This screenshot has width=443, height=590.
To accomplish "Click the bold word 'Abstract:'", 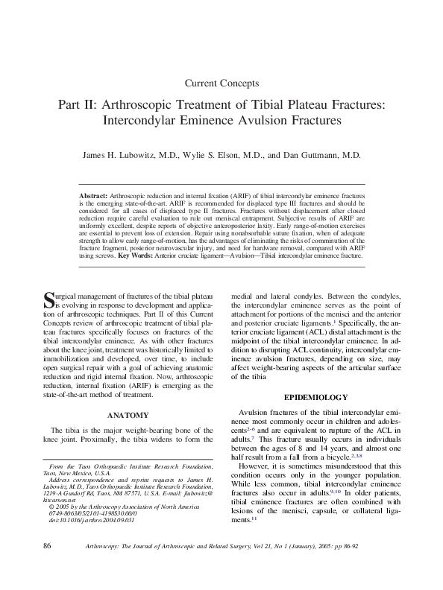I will [x=93, y=194].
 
